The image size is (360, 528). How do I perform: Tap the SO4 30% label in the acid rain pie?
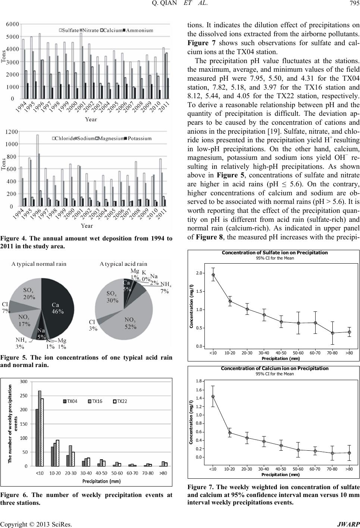112,297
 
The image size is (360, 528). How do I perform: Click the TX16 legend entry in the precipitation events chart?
95,401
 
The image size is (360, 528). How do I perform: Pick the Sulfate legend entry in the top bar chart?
69,30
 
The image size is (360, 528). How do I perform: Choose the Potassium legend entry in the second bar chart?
138,139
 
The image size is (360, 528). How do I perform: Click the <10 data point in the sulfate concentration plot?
213,274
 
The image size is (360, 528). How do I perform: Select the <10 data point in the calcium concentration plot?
213,396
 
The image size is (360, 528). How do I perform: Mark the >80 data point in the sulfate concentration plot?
350,332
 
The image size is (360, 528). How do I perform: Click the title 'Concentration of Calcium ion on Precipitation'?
275,369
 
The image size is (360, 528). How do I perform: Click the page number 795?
355,4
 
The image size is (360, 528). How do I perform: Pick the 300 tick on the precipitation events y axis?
24,381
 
